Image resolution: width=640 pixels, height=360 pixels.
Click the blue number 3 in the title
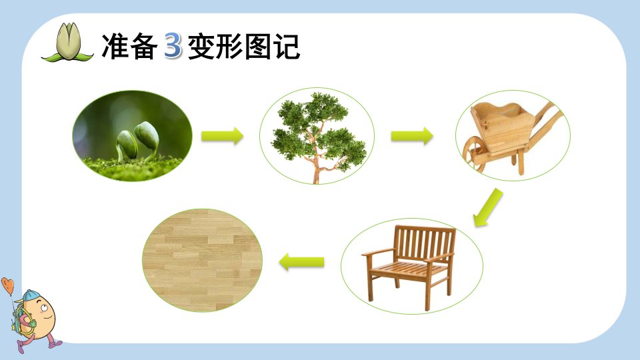click(x=173, y=46)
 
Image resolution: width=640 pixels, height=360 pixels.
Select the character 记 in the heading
click(x=287, y=46)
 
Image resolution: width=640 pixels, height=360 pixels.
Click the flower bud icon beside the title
click(x=68, y=43)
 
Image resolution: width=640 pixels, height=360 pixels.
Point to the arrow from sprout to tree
click(x=222, y=135)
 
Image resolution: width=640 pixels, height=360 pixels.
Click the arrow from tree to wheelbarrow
click(x=412, y=135)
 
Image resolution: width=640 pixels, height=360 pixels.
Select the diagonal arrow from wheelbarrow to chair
click(x=488, y=207)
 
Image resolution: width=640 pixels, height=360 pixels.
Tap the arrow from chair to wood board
click(x=301, y=261)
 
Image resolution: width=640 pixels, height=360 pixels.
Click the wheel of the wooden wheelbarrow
click(x=473, y=153)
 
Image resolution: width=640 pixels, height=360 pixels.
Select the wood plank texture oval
click(x=203, y=260)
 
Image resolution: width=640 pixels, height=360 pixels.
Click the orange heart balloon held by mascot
click(x=8, y=285)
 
